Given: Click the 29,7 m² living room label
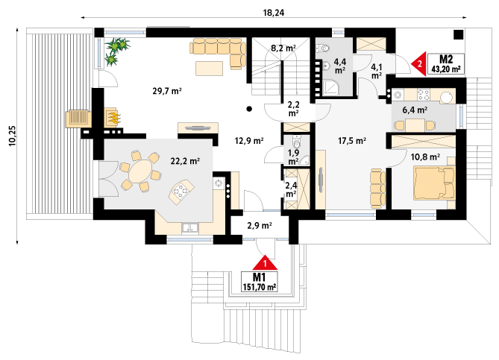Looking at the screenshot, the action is coord(167,91).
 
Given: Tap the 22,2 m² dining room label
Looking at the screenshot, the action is coord(185,161).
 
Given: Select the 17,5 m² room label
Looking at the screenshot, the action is coord(351,141).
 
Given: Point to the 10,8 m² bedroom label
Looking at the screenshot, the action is coord(425,157).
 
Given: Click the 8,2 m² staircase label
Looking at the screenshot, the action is coord(283,48).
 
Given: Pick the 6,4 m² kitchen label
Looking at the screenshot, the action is coord(415,110).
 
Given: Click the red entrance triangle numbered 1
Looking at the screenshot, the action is coord(265,262).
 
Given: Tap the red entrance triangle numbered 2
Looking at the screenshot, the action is coord(419,64).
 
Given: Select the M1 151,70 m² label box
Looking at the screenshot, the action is coord(260,282).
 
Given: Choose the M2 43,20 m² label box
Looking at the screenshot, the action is coord(446,63).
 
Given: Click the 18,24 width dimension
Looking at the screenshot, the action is coord(273,13).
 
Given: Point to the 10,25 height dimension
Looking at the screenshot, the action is coord(12,136).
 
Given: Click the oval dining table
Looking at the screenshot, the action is coord(140,171).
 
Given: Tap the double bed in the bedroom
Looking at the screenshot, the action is coord(434,183).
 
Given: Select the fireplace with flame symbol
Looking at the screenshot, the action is coord(113,117).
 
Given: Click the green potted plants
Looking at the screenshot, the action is coord(116,51).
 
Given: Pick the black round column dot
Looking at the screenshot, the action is coord(249,109).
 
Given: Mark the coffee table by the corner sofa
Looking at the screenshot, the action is coord(209,69).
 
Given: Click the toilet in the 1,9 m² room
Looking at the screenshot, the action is coord(297,143).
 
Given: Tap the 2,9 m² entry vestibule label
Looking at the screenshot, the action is coord(260,226).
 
